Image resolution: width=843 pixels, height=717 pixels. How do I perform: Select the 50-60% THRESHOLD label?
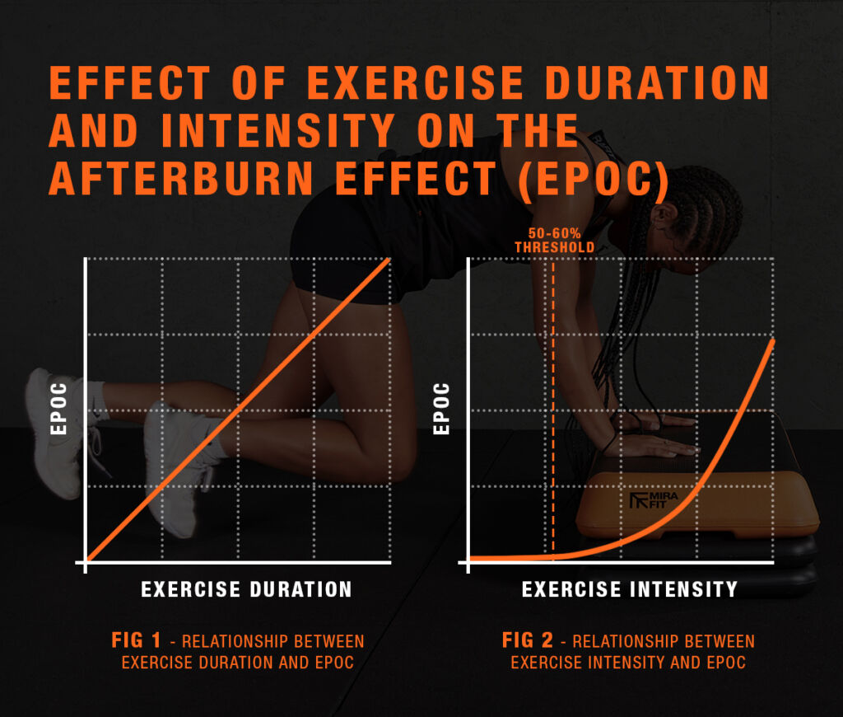pyautogui.click(x=554, y=241)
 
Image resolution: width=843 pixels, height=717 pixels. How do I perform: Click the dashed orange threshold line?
pyautogui.click(x=554, y=412)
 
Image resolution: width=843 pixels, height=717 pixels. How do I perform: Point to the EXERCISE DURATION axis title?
pyautogui.click(x=246, y=589)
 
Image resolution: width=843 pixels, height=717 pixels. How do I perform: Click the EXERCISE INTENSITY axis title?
pyautogui.click(x=630, y=589)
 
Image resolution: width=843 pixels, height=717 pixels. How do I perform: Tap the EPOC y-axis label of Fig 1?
pyautogui.click(x=58, y=409)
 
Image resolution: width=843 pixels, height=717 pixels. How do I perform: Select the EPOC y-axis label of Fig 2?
pyautogui.click(x=441, y=409)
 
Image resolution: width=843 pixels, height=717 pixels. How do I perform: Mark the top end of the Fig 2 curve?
pyautogui.click(x=772, y=340)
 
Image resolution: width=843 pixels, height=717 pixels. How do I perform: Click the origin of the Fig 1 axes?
pyautogui.click(x=86, y=562)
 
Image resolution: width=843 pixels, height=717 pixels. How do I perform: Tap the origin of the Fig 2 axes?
pyautogui.click(x=469, y=562)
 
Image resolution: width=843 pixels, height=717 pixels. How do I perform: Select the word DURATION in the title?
pyautogui.click(x=629, y=82)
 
